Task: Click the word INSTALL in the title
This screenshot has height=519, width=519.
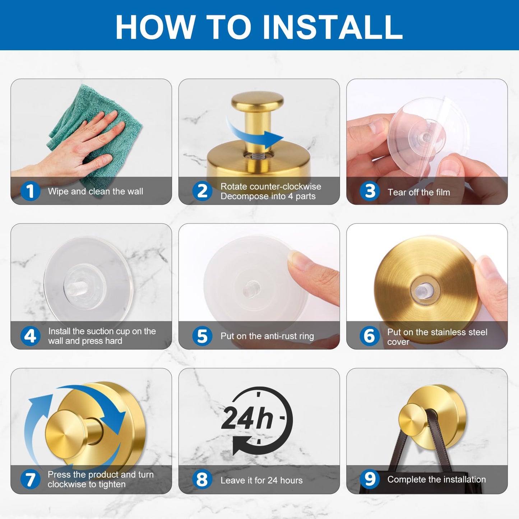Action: (333, 27)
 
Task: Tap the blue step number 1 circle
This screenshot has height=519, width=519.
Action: (31, 191)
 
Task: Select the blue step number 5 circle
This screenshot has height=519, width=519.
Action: (202, 336)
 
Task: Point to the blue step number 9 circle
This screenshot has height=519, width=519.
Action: (370, 479)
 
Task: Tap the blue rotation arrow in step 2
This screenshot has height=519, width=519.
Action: (255, 133)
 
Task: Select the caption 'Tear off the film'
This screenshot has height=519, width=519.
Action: (419, 192)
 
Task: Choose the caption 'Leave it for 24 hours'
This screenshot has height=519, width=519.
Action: (261, 480)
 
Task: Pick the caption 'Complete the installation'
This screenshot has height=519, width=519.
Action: (437, 479)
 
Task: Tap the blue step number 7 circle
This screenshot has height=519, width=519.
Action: (31, 479)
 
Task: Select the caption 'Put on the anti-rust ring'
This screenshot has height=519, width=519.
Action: (267, 336)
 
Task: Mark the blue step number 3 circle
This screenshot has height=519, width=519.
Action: (370, 191)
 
